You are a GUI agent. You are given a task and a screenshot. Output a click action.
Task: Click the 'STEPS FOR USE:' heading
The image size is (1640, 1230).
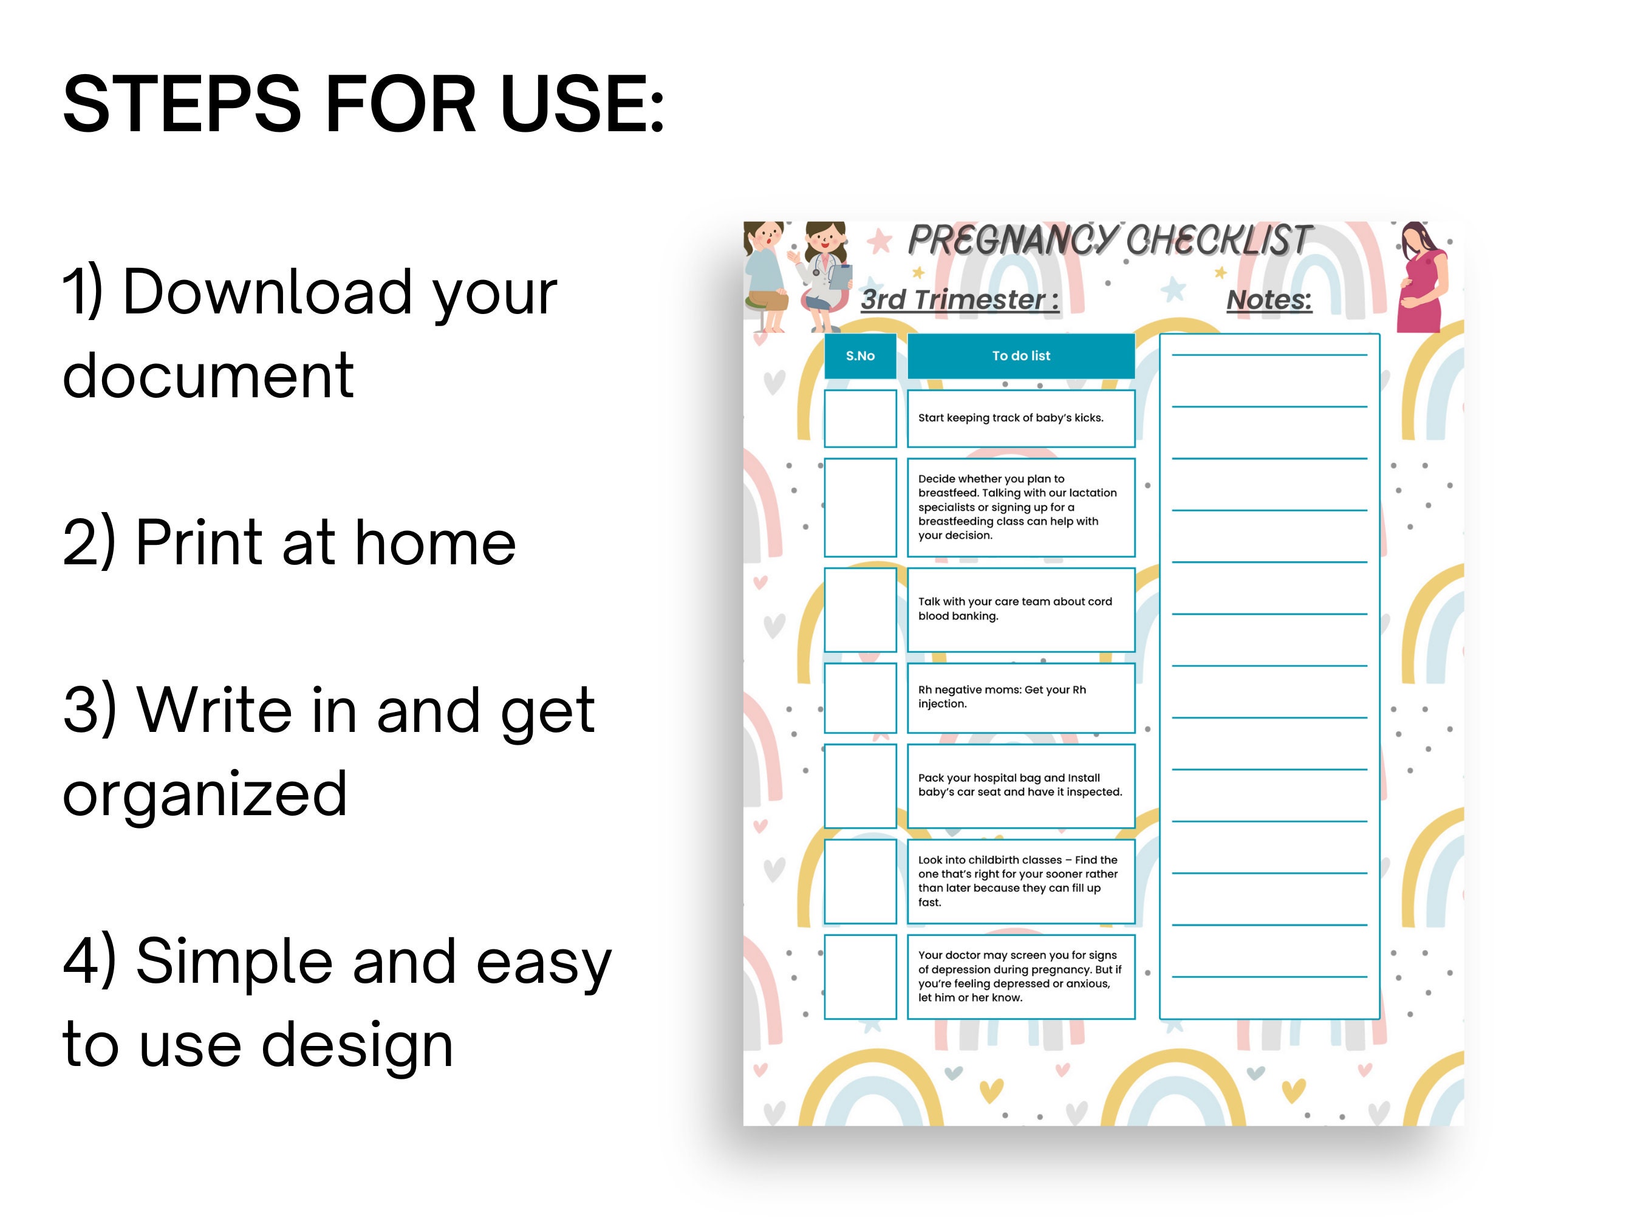363,104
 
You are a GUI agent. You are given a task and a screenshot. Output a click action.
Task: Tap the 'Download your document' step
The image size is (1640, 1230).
309,333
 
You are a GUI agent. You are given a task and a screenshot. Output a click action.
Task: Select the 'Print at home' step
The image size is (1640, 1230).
289,542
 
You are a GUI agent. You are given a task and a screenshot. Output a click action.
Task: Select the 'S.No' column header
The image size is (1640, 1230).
860,356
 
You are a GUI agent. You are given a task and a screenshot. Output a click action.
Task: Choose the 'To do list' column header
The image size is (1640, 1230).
1021,356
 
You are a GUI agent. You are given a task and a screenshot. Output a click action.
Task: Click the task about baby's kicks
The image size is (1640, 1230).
1021,418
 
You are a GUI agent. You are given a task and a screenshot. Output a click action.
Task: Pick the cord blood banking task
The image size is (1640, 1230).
1021,609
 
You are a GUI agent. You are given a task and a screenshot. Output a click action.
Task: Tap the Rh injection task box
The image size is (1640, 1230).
1021,698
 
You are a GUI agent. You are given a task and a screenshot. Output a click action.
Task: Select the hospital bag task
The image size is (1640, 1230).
1021,786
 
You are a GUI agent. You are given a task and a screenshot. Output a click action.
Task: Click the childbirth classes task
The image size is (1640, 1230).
1021,881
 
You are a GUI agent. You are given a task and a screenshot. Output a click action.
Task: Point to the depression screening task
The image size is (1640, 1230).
1021,977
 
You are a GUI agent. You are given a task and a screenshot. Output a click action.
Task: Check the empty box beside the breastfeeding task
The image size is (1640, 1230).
860,507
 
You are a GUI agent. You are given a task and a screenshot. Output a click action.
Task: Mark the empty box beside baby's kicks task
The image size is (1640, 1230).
860,418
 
